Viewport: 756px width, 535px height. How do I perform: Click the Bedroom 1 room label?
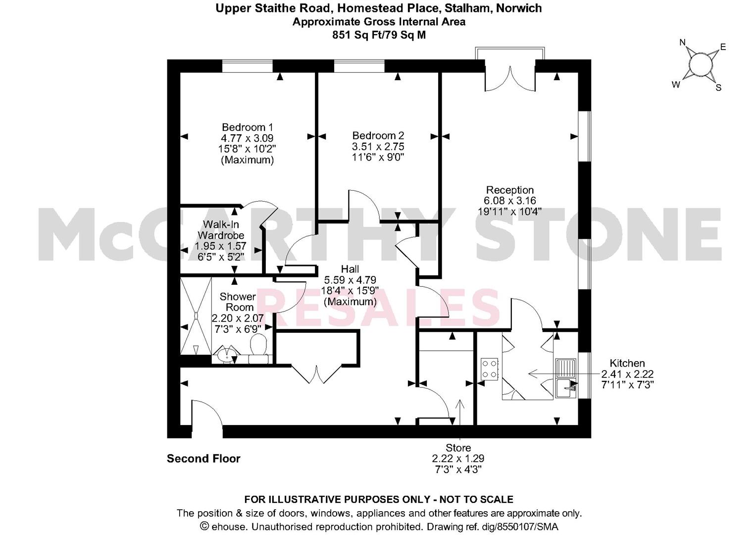click(x=247, y=127)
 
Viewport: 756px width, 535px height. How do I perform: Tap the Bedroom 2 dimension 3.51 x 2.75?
click(x=378, y=147)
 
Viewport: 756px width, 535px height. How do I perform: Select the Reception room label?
click(x=509, y=190)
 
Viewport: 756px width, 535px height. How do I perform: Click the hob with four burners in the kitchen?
click(x=490, y=369)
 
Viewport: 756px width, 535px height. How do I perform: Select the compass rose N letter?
click(x=683, y=43)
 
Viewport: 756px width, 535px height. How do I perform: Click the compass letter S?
click(x=718, y=88)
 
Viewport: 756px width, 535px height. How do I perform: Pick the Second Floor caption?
click(x=203, y=459)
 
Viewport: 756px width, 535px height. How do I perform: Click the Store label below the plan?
click(x=458, y=448)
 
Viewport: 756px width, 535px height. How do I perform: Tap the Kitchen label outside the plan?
click(x=627, y=363)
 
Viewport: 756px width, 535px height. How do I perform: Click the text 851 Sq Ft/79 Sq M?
click(x=379, y=35)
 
